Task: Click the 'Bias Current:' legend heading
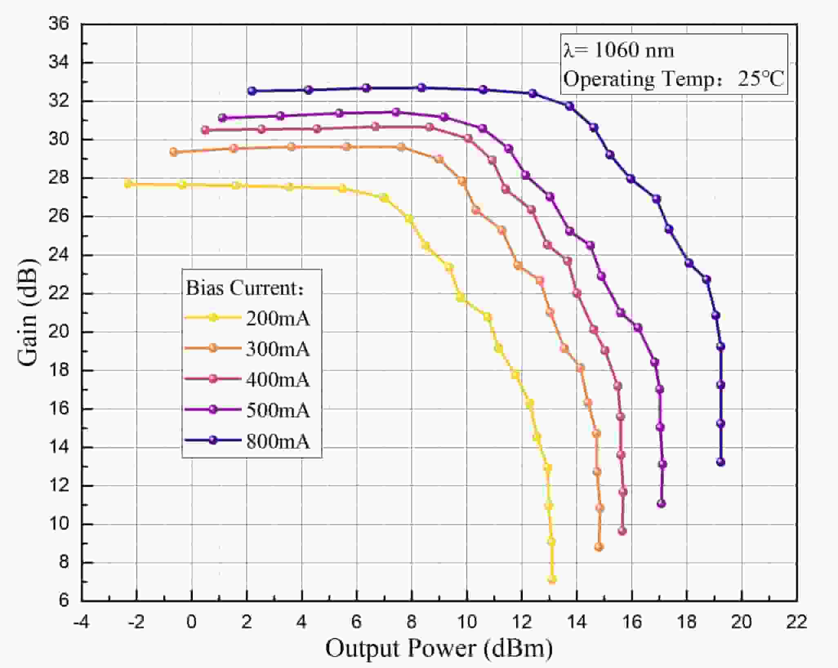tap(245, 288)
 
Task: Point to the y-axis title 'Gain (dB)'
tap(28, 313)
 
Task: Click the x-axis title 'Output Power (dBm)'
tap(439, 648)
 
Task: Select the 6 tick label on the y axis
tap(64, 601)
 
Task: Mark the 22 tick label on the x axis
tap(796, 622)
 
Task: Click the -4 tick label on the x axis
tap(81, 622)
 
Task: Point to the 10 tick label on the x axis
tap(466, 622)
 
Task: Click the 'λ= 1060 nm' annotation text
tap(619, 50)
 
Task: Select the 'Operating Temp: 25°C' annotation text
tap(674, 78)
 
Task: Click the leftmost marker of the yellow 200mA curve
tap(128, 184)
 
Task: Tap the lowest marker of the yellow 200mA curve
tap(552, 579)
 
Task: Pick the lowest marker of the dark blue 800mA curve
tap(721, 462)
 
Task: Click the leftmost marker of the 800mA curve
tap(252, 91)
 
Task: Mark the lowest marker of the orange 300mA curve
tap(599, 547)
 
